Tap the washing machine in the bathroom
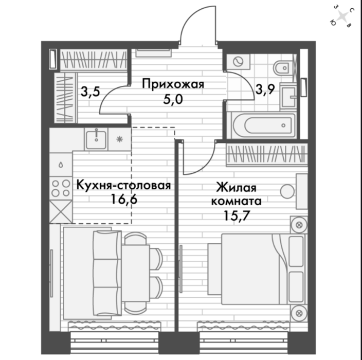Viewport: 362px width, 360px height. click(x=238, y=62)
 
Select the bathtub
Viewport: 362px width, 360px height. click(x=264, y=125)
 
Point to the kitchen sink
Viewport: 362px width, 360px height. click(x=96, y=140)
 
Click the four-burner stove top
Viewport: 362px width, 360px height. click(x=61, y=188)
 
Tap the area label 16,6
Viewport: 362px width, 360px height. click(x=124, y=199)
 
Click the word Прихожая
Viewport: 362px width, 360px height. click(x=173, y=84)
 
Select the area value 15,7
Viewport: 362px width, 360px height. click(x=237, y=216)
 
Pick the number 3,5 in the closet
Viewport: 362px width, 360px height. click(x=90, y=92)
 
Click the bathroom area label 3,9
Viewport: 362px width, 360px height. click(x=265, y=89)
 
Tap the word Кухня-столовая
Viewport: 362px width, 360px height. click(x=123, y=185)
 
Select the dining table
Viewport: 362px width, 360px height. click(x=136, y=274)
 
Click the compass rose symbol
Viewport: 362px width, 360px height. click(x=342, y=16)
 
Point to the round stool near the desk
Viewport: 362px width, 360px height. click(x=287, y=191)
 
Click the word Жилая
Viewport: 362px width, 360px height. click(x=236, y=187)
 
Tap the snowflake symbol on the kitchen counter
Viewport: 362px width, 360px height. click(x=119, y=139)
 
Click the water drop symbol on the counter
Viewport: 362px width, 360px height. click(x=61, y=165)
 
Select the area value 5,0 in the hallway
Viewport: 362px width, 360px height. click(x=173, y=100)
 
